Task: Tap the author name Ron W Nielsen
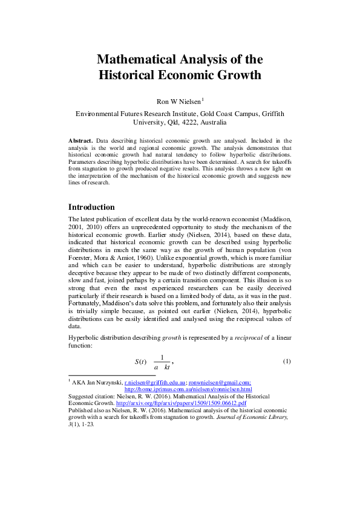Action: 178,102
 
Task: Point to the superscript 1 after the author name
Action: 203,99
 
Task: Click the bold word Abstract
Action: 80,140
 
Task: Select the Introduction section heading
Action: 91,207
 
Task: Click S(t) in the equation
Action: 140,361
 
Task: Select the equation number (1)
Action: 287,361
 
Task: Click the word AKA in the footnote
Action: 80,383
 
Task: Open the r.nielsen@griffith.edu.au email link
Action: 155,383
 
